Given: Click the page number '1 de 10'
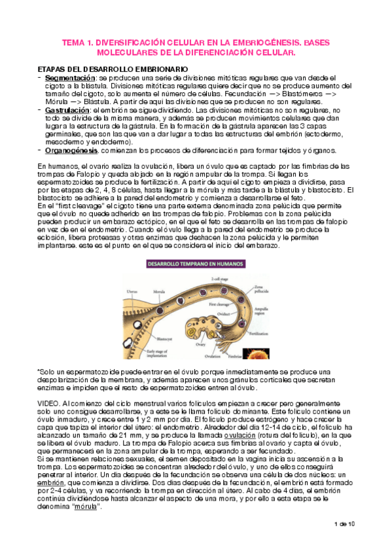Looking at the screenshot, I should pos(344,543).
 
